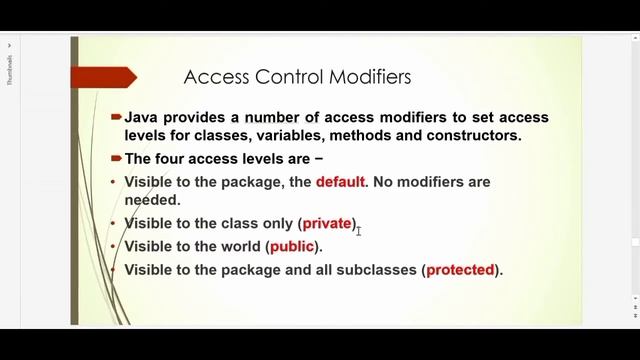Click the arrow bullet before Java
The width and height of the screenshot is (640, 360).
coord(117,117)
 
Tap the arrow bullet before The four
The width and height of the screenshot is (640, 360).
coord(117,158)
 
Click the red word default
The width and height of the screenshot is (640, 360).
coord(341,182)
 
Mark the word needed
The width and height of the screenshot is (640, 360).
coord(152,199)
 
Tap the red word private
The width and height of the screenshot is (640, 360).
coord(327,223)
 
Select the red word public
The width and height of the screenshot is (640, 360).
coord(292,246)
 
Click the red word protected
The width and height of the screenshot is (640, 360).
coord(461,270)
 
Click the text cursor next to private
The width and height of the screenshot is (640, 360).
coord(358,230)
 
